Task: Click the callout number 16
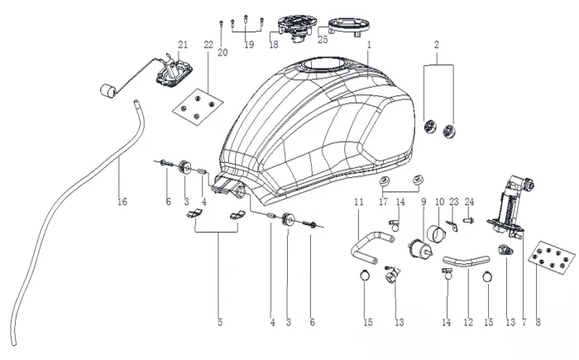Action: coord(122,201)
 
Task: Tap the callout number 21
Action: coord(184,44)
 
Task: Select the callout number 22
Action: coord(208,44)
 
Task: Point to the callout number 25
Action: coord(323,39)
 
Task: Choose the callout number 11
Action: coord(359,201)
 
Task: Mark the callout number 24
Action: coord(470,201)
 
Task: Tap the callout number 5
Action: coord(220,323)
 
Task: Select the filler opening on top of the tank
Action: coord(321,65)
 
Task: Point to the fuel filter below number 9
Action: coord(423,247)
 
